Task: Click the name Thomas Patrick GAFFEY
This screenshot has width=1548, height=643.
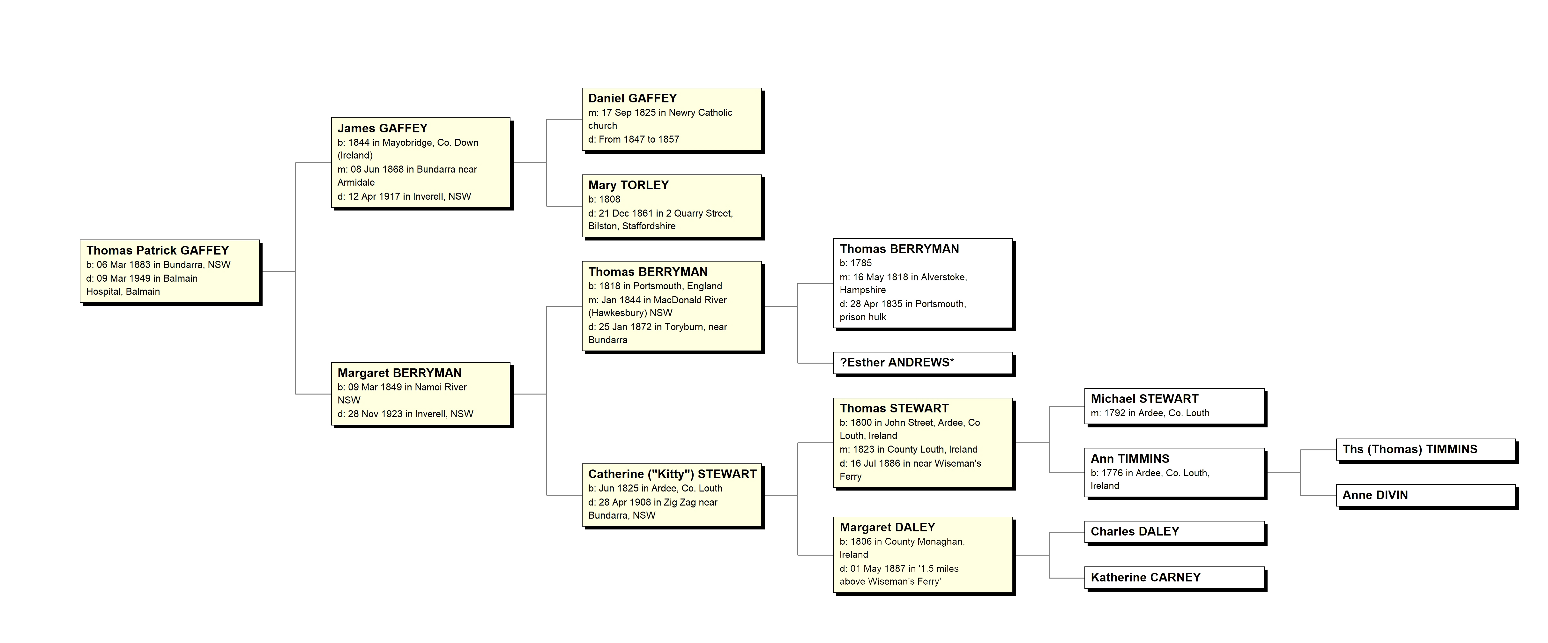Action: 157,251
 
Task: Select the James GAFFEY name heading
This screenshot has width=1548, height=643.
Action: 382,128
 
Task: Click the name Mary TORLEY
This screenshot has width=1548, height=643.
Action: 628,185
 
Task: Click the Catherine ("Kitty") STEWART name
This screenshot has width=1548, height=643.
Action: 672,474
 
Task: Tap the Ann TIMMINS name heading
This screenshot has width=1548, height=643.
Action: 1130,459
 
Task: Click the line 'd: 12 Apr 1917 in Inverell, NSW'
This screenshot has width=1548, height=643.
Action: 404,196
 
